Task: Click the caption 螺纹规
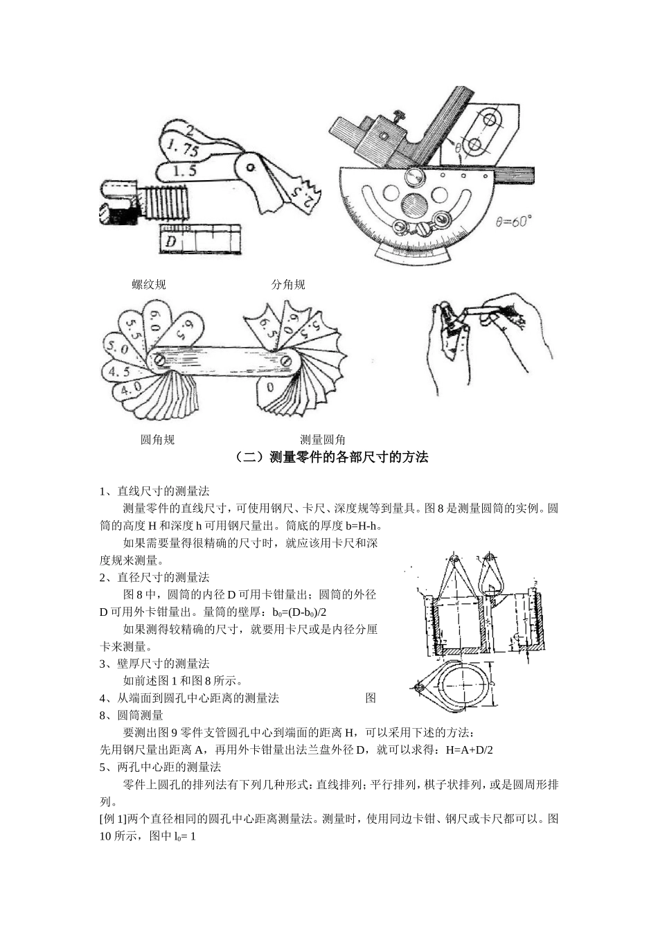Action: [149, 285]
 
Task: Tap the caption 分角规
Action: [288, 285]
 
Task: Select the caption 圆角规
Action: [157, 440]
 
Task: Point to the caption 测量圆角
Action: [323, 440]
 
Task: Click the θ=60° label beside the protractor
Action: [514, 222]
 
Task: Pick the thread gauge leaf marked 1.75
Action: [184, 149]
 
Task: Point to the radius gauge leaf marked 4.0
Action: [130, 389]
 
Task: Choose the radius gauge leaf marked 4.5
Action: [119, 371]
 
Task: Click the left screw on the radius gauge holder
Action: [160, 360]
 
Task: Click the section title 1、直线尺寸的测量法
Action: [154, 491]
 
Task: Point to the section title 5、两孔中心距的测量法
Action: [160, 768]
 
